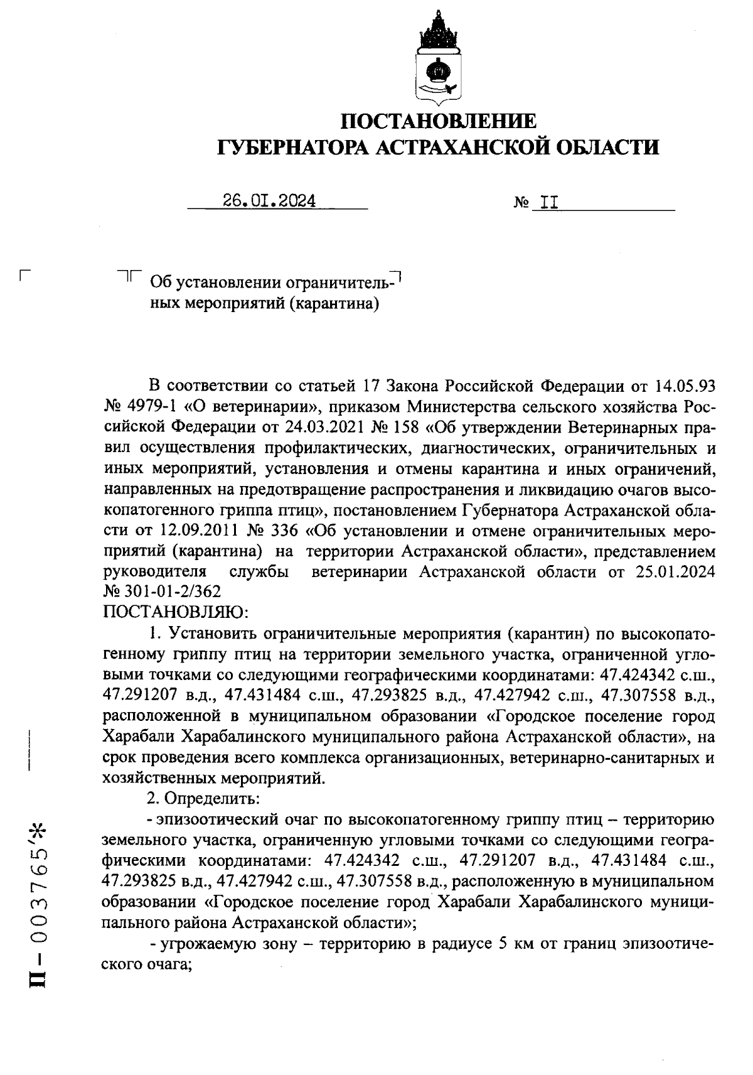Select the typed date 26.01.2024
coord(269,201)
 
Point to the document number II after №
coord(545,202)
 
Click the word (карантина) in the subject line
coord(338,304)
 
